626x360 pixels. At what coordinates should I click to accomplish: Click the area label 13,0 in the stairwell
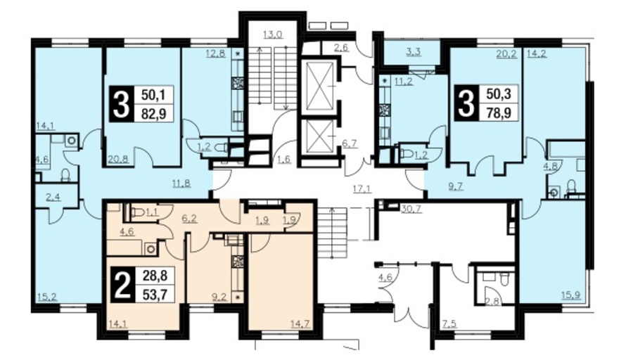[x=273, y=34]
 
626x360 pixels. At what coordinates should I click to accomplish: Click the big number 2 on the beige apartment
[x=122, y=285]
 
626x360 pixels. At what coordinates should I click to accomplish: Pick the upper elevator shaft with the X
[x=319, y=85]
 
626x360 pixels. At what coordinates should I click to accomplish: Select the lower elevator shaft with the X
[x=319, y=136]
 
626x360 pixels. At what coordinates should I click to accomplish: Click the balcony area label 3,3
[x=413, y=52]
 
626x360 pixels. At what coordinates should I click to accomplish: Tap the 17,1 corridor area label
[x=362, y=188]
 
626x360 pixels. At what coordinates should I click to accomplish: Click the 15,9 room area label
[x=571, y=295]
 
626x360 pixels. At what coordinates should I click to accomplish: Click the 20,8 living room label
[x=117, y=159]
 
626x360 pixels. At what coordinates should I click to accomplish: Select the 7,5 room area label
[x=449, y=323]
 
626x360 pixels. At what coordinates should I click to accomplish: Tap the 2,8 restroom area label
[x=492, y=302]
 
